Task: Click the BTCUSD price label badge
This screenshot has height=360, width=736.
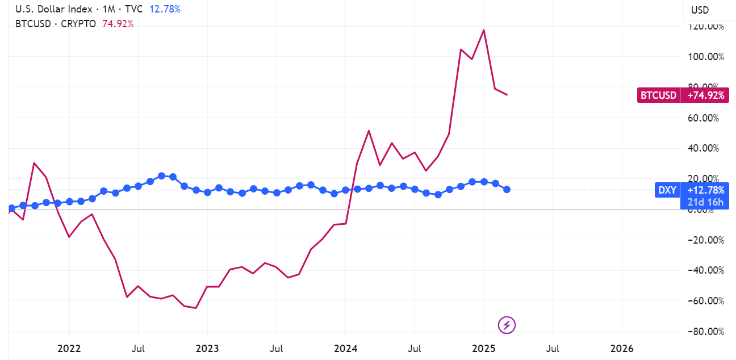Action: click(x=658, y=95)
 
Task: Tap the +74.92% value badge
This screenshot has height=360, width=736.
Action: click(x=705, y=95)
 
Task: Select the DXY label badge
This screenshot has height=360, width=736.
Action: click(x=667, y=190)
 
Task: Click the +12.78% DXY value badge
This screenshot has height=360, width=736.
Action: click(x=705, y=190)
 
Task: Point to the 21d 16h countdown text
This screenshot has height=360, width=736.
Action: click(x=705, y=202)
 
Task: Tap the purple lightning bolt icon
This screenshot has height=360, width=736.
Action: click(x=507, y=325)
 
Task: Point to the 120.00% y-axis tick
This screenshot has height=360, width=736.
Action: click(x=705, y=26)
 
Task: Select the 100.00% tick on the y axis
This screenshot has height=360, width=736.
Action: click(x=705, y=57)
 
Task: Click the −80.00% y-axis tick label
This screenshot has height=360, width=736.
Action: click(x=705, y=332)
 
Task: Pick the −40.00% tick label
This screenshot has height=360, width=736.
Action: click(x=705, y=270)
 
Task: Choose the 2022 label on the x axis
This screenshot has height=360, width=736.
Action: click(x=69, y=348)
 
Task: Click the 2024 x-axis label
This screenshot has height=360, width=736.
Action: click(x=345, y=348)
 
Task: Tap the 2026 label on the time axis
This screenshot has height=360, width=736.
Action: click(x=621, y=348)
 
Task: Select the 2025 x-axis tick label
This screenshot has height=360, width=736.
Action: click(x=483, y=348)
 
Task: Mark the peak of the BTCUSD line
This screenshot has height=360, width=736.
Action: click(x=483, y=30)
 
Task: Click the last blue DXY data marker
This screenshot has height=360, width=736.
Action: click(x=507, y=189)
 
